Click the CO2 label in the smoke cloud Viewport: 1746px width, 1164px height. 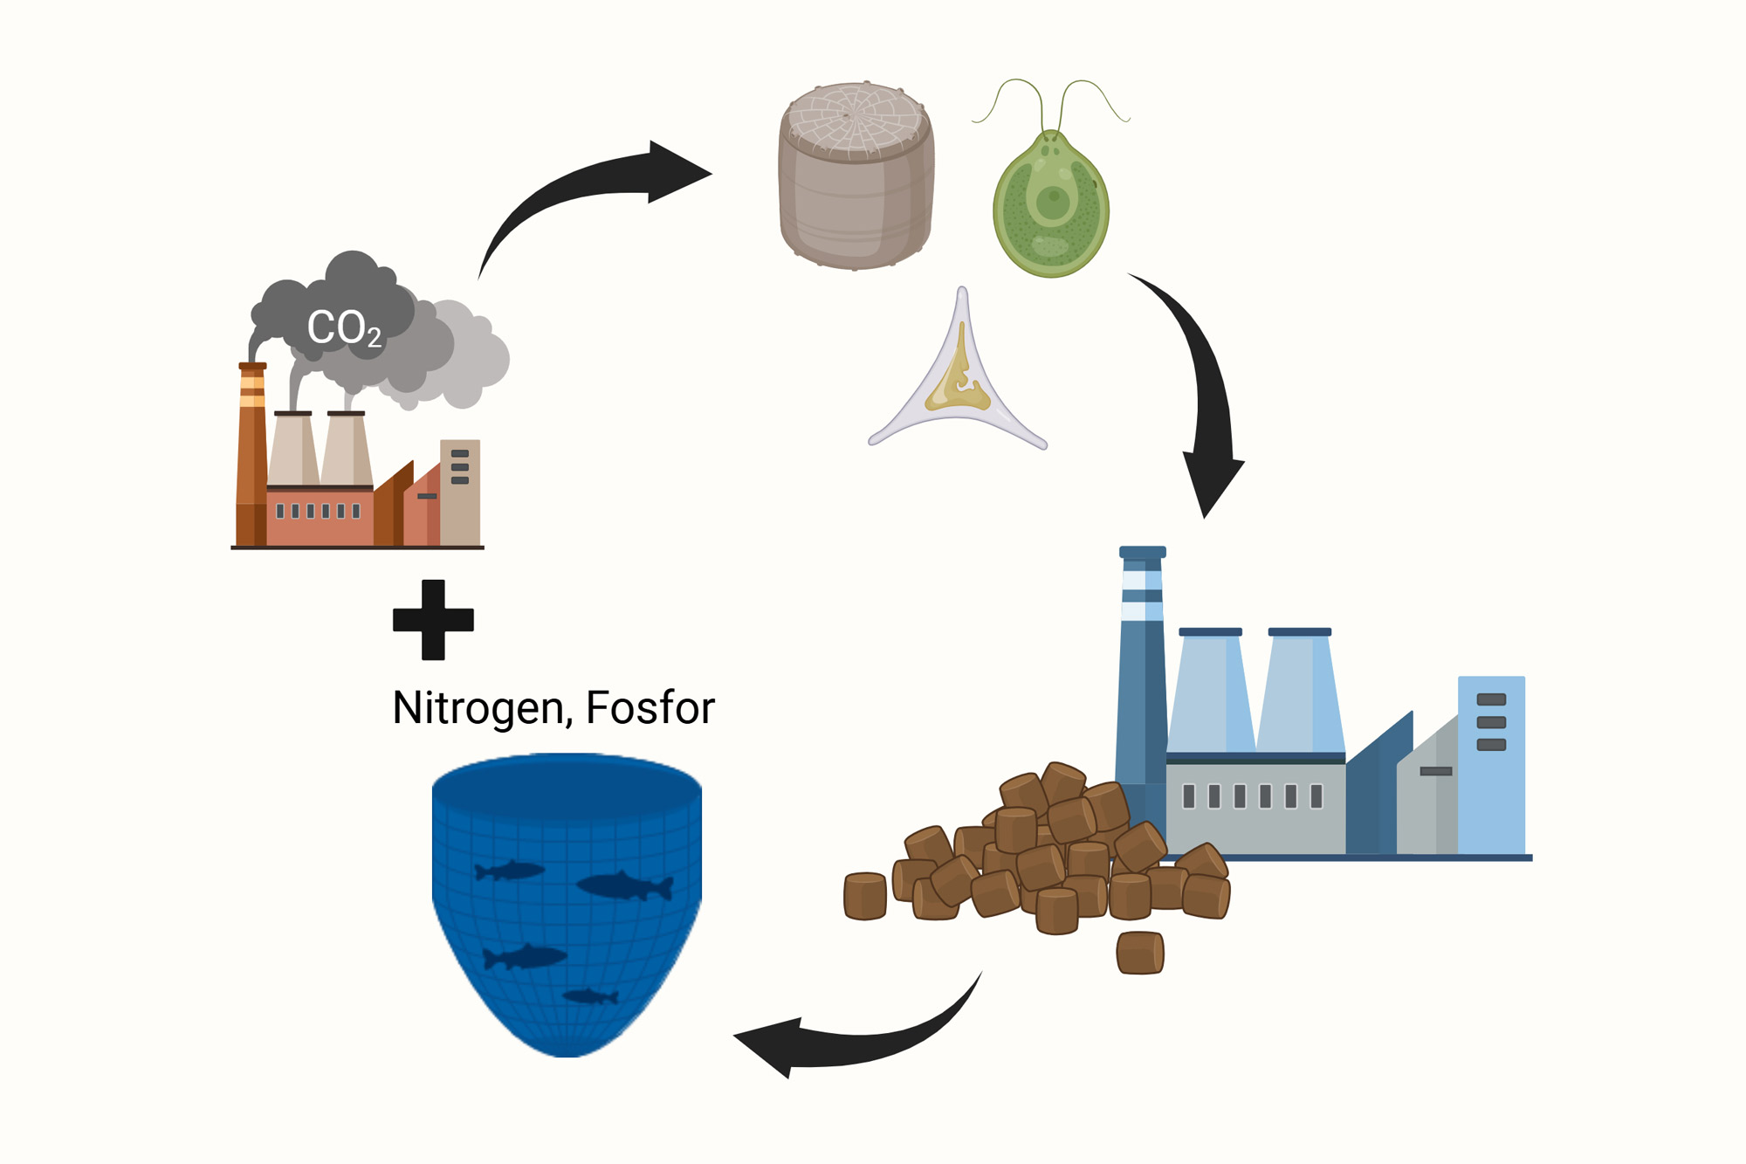[x=344, y=328]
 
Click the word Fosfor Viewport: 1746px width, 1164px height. [x=650, y=707]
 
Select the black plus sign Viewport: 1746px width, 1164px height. [x=433, y=620]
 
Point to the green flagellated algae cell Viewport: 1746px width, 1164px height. [x=1051, y=205]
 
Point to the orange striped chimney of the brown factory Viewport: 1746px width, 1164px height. [x=252, y=454]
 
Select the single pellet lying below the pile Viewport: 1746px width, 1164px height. [x=1139, y=953]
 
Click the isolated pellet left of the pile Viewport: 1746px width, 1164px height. [x=865, y=896]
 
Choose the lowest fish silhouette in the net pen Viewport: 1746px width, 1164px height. [x=590, y=996]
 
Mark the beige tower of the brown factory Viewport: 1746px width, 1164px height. [x=460, y=492]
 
